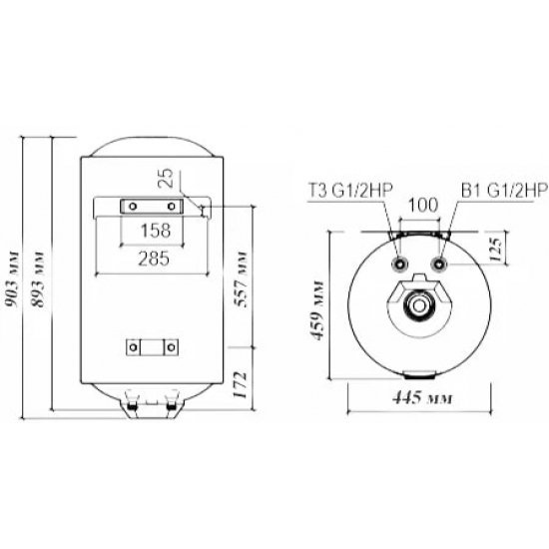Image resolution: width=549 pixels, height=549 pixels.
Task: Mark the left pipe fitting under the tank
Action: [x=131, y=407]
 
